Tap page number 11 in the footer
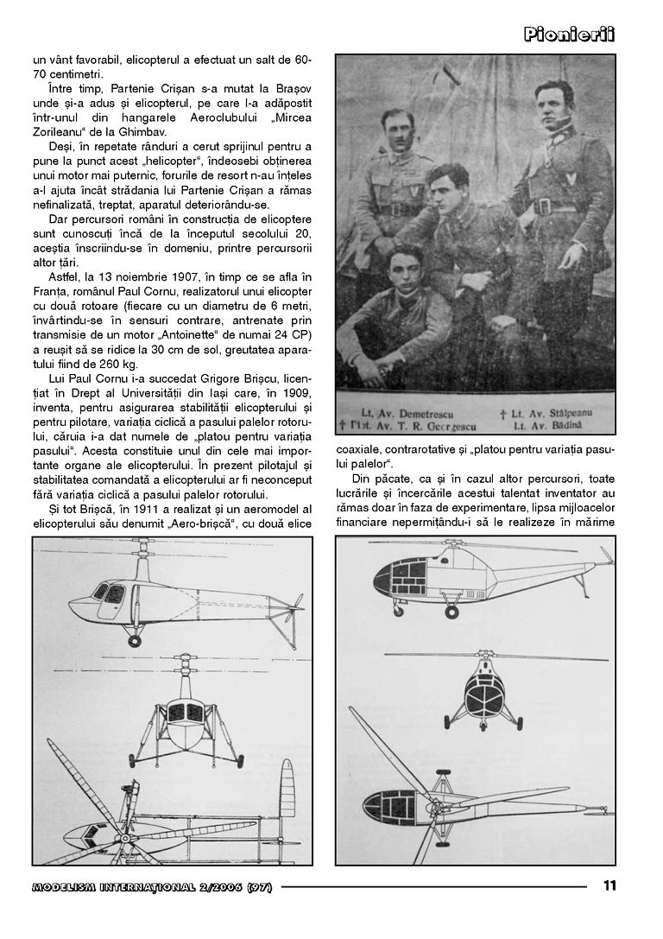click(x=609, y=885)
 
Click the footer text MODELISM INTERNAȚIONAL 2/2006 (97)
click(x=151, y=886)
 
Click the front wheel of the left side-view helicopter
click(x=134, y=641)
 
